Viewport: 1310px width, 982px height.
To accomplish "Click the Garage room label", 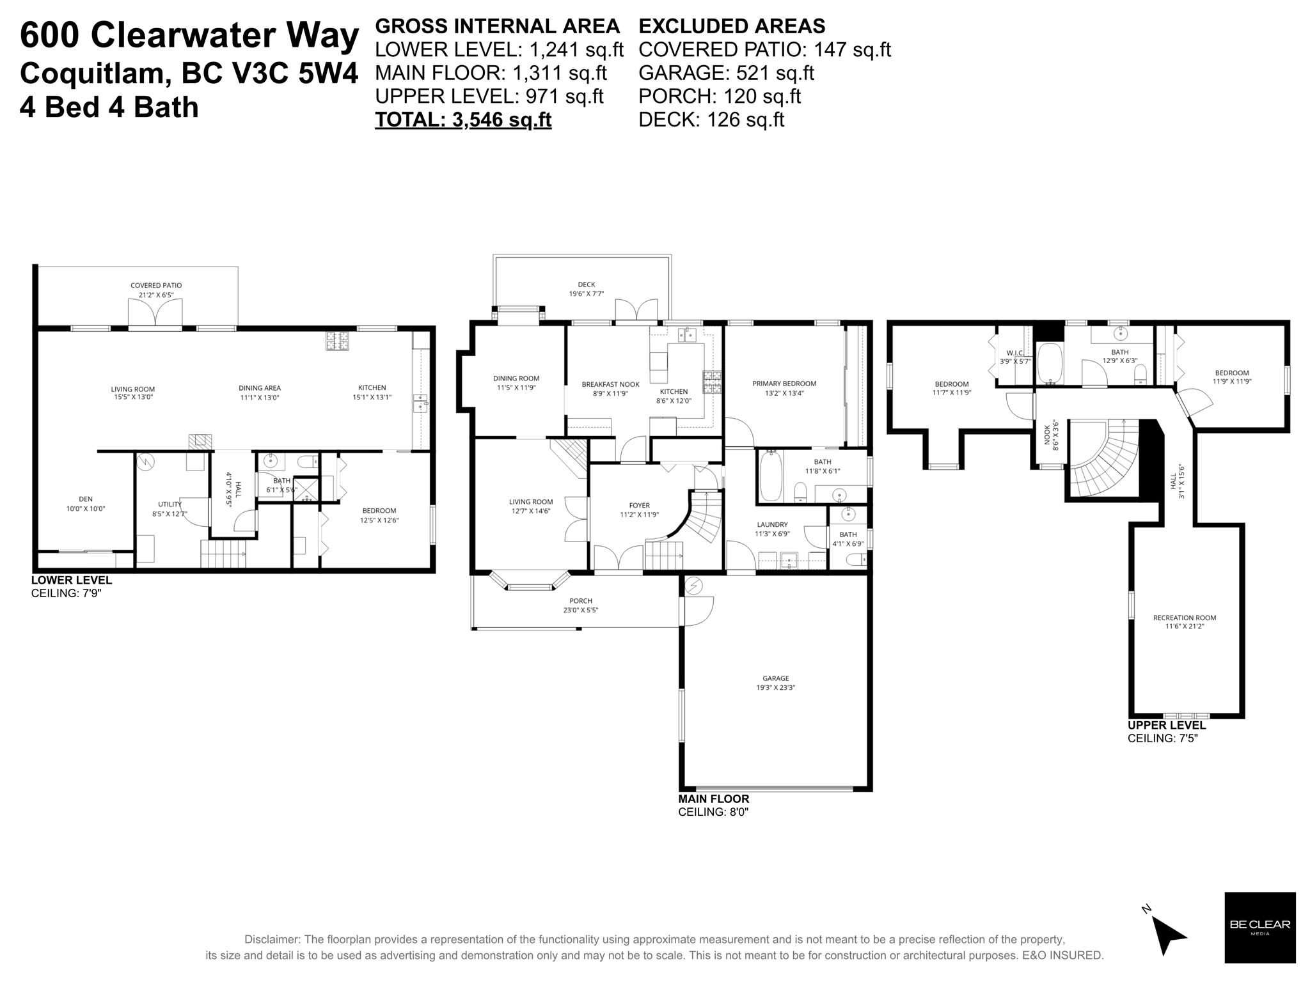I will (x=775, y=679).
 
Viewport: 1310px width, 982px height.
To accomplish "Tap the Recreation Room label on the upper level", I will (x=1184, y=618).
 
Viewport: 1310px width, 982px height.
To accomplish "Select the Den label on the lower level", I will (x=85, y=499).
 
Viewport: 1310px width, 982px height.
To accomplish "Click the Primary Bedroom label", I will (x=784, y=384).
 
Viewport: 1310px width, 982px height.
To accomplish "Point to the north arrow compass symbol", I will (x=1168, y=935).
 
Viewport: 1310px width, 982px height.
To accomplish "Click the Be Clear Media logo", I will (x=1259, y=927).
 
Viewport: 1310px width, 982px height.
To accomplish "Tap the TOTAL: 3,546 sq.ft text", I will (x=463, y=120).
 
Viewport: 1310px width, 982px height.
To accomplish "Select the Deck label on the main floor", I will (x=586, y=284).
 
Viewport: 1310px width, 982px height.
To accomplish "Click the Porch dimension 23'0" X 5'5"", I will (x=581, y=610).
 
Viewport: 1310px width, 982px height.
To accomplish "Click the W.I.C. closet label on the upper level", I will (x=1015, y=353).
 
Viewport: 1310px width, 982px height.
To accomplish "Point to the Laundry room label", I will (x=772, y=524).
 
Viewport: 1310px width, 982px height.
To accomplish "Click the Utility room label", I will (x=170, y=504).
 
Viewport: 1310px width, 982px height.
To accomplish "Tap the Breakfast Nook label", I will (x=610, y=384).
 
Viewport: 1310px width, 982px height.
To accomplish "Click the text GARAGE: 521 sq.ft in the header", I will (x=726, y=73).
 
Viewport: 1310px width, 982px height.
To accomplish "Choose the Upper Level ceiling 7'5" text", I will (x=1162, y=738).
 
